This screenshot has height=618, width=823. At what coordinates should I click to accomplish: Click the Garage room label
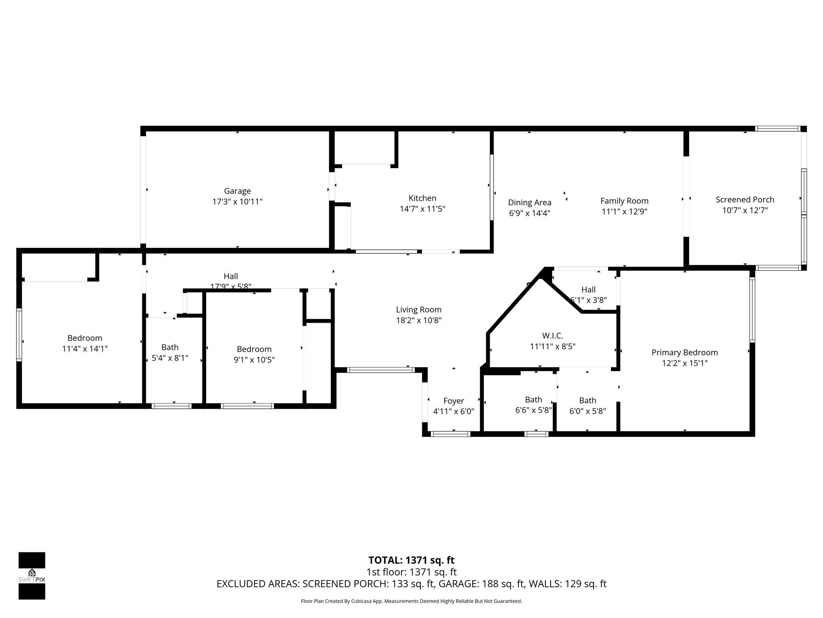(237, 191)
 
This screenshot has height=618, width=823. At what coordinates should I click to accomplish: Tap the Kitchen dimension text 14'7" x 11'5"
(422, 209)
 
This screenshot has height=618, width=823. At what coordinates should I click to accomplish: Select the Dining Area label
(529, 202)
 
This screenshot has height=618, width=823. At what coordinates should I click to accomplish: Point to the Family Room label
(624, 201)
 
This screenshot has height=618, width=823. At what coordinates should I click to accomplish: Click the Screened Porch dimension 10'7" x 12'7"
(745, 210)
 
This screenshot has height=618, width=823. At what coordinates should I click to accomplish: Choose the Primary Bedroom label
(684, 352)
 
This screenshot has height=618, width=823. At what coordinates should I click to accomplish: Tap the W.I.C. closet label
(552, 336)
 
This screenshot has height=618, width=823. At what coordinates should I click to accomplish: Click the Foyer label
(453, 401)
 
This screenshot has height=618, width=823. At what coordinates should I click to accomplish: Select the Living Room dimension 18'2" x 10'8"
(419, 320)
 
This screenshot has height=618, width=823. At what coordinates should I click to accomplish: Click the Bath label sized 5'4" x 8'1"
(170, 347)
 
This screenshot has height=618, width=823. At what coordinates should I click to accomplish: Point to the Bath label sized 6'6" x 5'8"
(533, 400)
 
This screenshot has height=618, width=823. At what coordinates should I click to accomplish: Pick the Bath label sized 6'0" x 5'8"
(587, 400)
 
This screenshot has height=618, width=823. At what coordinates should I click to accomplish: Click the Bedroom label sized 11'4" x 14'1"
(85, 338)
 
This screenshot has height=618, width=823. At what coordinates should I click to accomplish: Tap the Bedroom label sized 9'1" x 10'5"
(254, 349)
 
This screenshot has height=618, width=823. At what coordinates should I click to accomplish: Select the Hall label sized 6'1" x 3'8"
(588, 289)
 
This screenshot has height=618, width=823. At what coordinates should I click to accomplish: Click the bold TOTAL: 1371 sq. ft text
(411, 560)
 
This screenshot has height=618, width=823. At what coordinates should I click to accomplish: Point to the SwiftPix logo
(32, 575)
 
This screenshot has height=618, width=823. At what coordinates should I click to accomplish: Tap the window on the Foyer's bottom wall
(450, 434)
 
